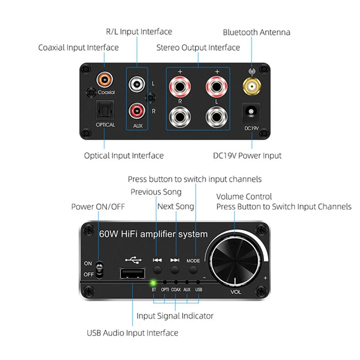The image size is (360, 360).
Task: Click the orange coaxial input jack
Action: click(105, 80)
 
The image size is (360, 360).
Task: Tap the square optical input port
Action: click(105, 110)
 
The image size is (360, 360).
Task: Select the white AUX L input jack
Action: click(137, 84)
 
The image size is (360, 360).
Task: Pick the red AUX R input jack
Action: click(137, 111)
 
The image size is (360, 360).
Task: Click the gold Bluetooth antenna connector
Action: click(252, 86)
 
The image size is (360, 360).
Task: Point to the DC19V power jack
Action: click(251, 112)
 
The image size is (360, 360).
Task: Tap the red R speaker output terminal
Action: click(180, 87)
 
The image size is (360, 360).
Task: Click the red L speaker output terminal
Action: click(216, 87)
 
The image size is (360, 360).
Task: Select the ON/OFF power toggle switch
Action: click(99, 270)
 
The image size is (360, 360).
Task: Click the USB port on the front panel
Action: click(132, 274)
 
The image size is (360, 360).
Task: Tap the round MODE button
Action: click(193, 270)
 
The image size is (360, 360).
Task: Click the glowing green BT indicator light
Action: click(153, 283)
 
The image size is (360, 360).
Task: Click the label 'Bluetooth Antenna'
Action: click(256, 32)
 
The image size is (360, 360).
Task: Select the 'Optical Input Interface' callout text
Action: click(124, 156)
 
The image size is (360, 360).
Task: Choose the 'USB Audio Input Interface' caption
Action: click(132, 333)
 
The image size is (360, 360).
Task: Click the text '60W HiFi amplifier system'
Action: click(153, 234)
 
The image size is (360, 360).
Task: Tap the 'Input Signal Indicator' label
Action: click(175, 316)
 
